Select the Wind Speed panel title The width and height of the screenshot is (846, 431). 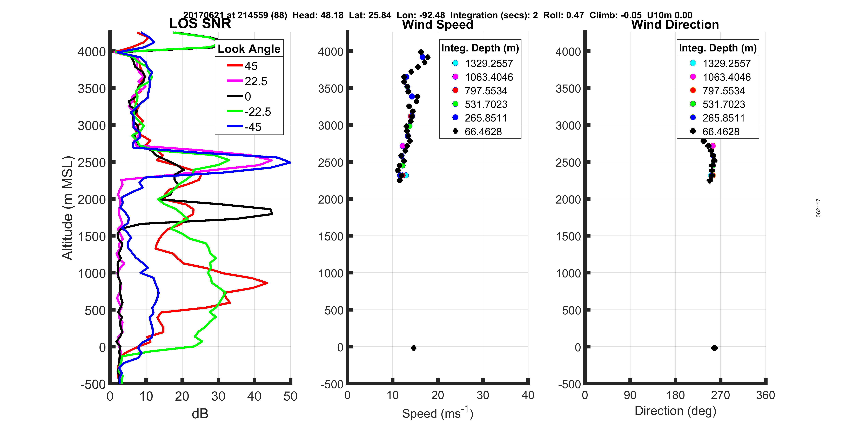[x=438, y=25]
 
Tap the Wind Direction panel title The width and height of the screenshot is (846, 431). [x=675, y=25]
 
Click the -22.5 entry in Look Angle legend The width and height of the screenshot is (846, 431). [x=258, y=112]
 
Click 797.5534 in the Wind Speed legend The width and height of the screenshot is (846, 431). [x=486, y=91]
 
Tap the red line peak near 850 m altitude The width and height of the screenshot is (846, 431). [x=267, y=283]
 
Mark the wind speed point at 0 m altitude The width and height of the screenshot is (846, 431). [x=413, y=348]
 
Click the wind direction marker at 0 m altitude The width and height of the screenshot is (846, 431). [x=714, y=348]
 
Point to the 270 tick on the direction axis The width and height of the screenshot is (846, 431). [x=720, y=395]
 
